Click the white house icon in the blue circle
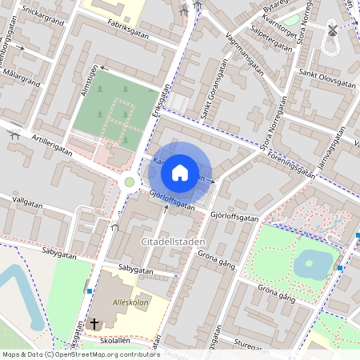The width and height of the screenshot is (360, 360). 180,172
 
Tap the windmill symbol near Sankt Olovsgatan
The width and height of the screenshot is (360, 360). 332,31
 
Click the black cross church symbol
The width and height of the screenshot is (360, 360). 94,324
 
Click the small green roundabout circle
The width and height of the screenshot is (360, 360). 128,182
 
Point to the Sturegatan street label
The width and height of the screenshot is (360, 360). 254,346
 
